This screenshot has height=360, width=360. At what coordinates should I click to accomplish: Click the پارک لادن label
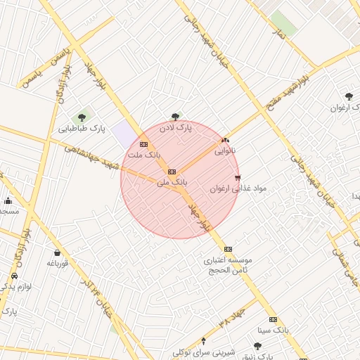click(175, 128)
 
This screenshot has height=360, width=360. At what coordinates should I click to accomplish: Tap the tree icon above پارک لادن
click(175, 117)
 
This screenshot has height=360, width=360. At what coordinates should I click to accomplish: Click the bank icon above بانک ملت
click(144, 144)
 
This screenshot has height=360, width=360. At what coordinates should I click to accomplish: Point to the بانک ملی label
click(172, 182)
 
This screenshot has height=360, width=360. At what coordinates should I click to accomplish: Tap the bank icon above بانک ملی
click(172, 172)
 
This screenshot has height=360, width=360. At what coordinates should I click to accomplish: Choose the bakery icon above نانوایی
click(225, 141)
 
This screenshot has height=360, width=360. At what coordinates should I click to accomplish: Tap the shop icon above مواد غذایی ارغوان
click(238, 178)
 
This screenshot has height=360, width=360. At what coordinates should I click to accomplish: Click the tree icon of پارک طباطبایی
click(82, 117)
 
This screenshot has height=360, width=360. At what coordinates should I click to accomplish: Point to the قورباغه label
click(56, 263)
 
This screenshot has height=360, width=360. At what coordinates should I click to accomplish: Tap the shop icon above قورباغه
click(57, 252)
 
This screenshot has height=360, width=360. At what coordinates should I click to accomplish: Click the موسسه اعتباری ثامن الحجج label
click(228, 264)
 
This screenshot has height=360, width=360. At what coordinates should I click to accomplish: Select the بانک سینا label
click(273, 329)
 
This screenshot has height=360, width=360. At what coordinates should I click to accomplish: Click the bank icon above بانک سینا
click(273, 319)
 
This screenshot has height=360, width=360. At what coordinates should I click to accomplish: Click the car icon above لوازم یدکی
click(14, 276)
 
